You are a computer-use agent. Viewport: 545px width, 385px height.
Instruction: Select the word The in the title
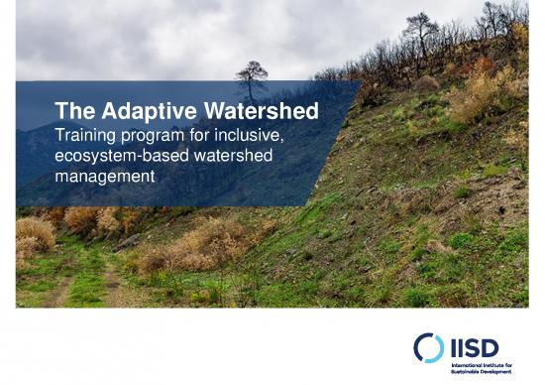click(72, 111)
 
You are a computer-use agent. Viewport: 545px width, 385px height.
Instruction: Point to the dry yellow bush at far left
click(34, 236)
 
